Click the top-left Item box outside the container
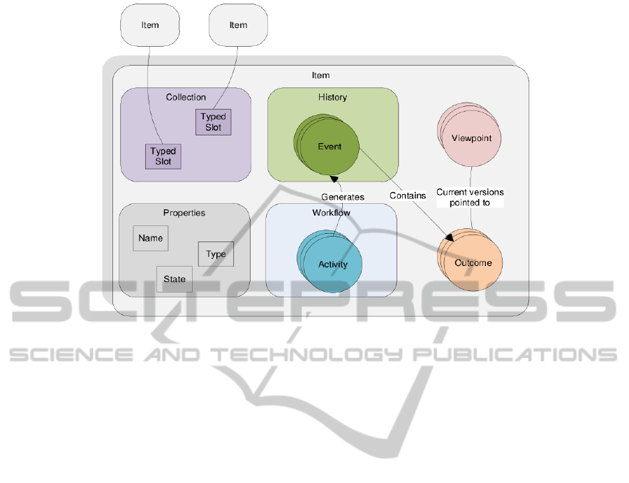pyautogui.click(x=150, y=25)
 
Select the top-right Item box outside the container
pyautogui.click(x=238, y=25)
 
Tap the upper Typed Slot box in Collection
pyautogui.click(x=213, y=122)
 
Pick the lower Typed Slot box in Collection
pyautogui.click(x=163, y=156)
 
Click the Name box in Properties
pyautogui.click(x=150, y=238)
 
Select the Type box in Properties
pyautogui.click(x=216, y=254)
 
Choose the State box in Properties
pyautogui.click(x=175, y=279)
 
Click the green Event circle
pyautogui.click(x=330, y=147)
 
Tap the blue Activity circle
pyautogui.click(x=332, y=265)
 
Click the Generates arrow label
pyautogui.click(x=342, y=198)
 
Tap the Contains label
pyautogui.click(x=408, y=195)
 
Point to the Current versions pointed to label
pyautogui.click(x=470, y=197)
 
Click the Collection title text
pyautogui.click(x=186, y=97)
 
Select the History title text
pyautogui.click(x=332, y=97)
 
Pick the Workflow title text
pyautogui.click(x=331, y=212)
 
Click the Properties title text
pyautogui.click(x=184, y=212)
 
